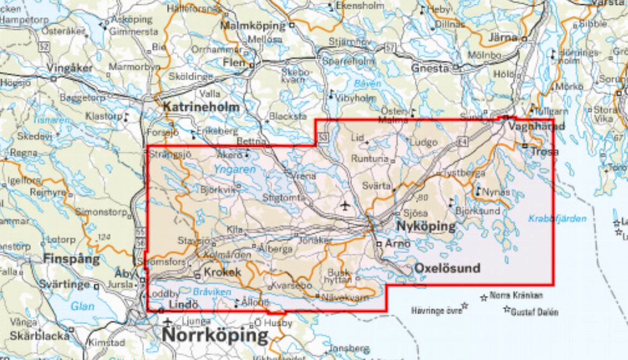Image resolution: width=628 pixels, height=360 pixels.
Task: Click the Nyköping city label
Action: [x=426, y=226]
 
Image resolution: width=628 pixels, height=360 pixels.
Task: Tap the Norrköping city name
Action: [x=215, y=335]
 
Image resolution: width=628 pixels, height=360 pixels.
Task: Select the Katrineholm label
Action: [x=201, y=107]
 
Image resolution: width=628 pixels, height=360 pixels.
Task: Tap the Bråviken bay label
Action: [x=208, y=291]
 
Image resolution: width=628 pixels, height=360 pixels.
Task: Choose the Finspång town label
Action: [x=72, y=259]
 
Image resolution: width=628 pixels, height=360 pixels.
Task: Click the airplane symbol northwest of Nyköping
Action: [x=344, y=205]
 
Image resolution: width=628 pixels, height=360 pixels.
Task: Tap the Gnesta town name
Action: [x=430, y=68]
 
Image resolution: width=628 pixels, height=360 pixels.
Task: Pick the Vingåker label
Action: [x=70, y=68]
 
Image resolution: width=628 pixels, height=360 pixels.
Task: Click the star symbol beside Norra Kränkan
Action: [x=483, y=297]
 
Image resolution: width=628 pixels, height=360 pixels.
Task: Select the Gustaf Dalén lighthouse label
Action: [x=535, y=312]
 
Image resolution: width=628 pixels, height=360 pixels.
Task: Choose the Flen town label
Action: [x=235, y=63]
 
